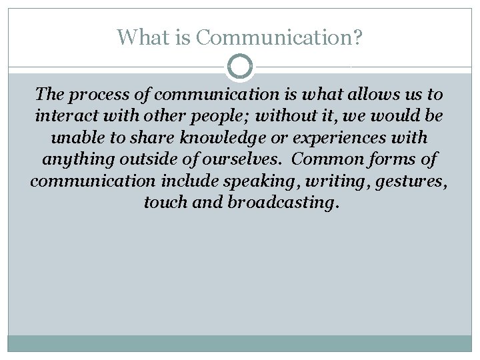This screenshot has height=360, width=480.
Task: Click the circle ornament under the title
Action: [x=240, y=67]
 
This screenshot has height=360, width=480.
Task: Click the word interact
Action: [x=67, y=117]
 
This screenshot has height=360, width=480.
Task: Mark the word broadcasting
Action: [x=283, y=203]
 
